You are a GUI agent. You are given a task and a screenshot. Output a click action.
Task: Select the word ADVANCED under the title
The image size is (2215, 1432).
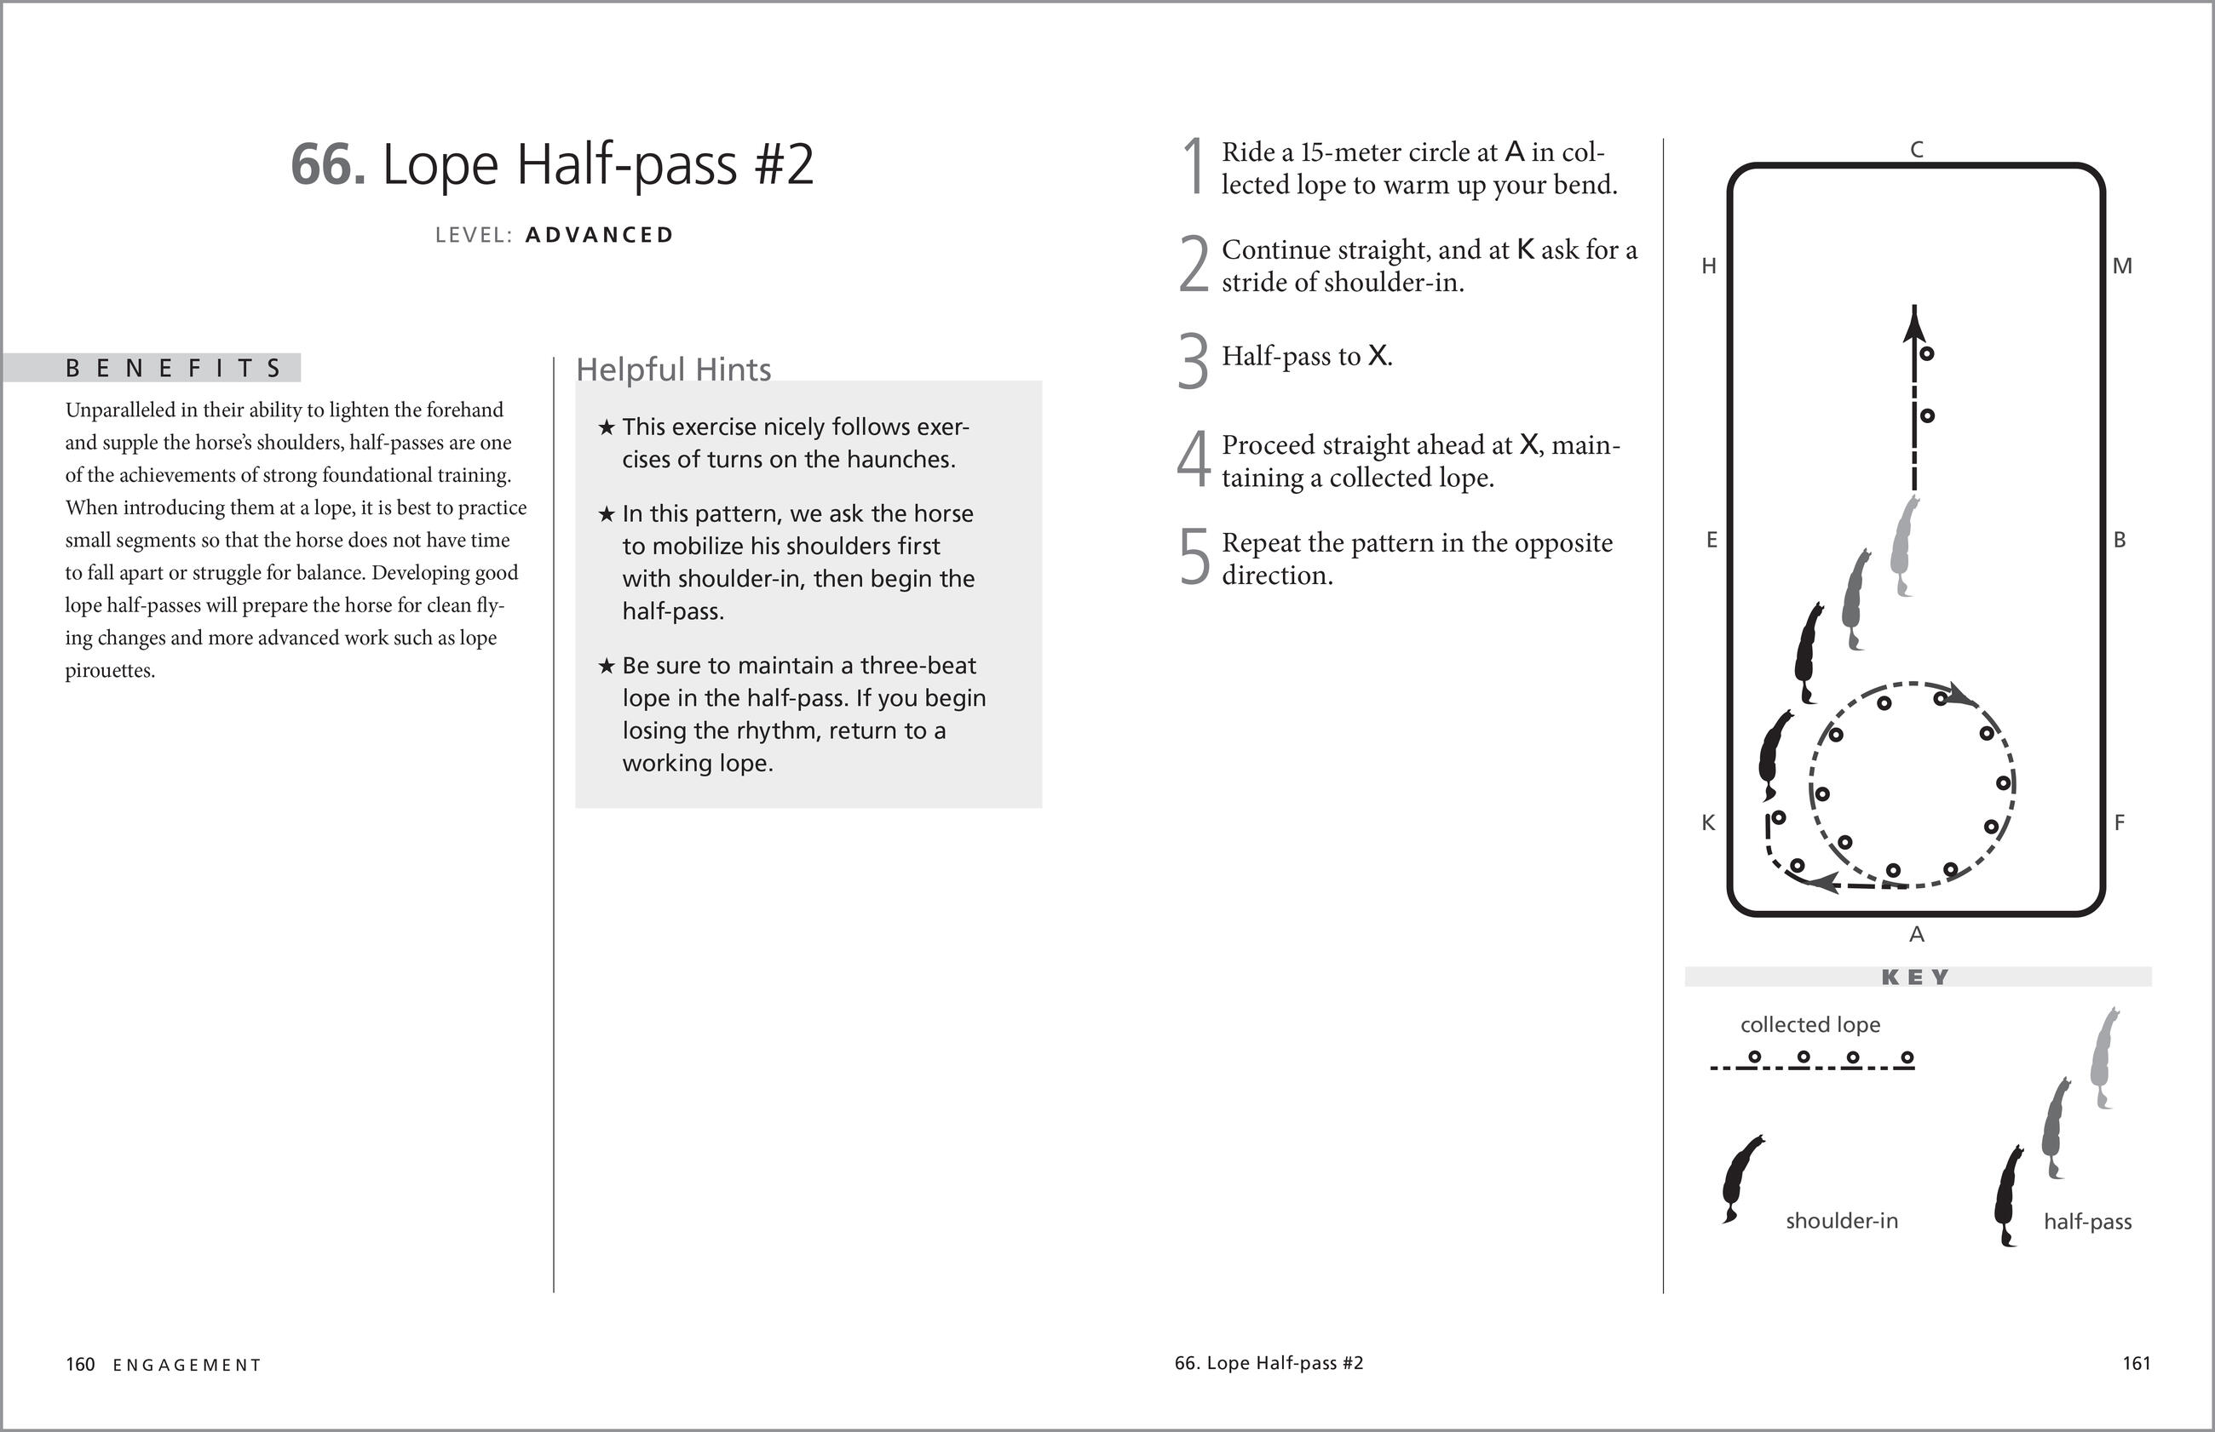599,235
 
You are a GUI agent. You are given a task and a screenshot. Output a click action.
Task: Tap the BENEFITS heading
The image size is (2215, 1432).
173,369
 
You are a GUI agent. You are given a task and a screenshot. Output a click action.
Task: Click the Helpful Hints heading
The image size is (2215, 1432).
674,369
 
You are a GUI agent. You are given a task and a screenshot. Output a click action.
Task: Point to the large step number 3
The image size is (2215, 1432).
1193,361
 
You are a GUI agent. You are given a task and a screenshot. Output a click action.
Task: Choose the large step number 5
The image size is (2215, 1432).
1194,557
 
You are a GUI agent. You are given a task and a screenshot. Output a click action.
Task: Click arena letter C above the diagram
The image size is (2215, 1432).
1916,150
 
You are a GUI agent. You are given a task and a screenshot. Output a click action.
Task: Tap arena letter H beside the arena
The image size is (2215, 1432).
1709,266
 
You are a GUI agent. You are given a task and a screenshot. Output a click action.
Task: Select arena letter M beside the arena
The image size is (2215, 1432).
2122,266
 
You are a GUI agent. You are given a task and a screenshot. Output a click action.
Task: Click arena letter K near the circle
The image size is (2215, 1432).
1708,823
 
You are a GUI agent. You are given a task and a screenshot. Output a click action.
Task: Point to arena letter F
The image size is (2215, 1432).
2120,823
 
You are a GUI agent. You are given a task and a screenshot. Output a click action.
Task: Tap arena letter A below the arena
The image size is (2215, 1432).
1916,935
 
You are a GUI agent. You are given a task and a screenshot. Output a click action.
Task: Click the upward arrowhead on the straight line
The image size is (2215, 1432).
1913,323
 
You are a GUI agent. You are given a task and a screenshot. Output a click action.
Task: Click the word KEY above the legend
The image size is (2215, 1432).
1915,977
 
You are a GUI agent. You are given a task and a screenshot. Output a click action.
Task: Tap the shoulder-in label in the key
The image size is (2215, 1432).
1841,1221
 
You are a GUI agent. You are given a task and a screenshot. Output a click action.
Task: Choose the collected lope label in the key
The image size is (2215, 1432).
1810,1025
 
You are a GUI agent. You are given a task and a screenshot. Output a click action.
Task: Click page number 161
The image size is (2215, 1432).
2137,1363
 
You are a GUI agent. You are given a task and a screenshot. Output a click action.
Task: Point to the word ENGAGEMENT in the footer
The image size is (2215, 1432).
187,1365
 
